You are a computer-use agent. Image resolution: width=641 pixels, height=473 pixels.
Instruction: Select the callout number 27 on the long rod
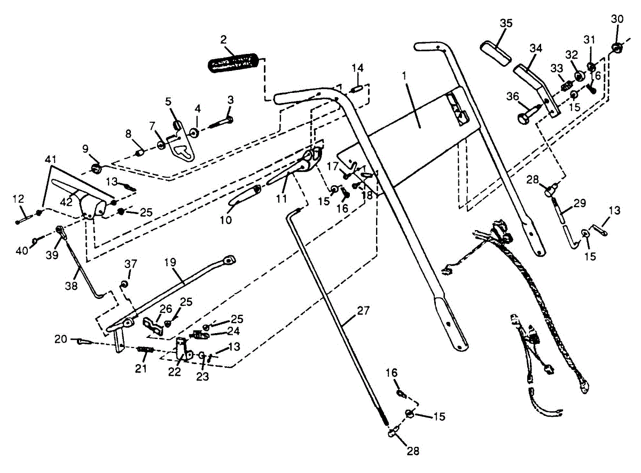(x=364, y=310)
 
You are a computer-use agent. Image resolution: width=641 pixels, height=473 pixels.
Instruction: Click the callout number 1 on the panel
(x=405, y=76)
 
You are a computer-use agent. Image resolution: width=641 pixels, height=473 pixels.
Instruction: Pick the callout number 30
(x=617, y=19)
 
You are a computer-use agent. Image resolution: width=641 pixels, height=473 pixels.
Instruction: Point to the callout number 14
(x=357, y=68)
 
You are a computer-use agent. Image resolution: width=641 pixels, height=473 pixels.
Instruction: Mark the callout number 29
(x=580, y=203)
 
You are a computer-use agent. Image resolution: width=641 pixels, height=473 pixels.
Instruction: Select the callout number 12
(x=19, y=199)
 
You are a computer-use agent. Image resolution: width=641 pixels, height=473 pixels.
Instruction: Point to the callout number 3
(x=230, y=99)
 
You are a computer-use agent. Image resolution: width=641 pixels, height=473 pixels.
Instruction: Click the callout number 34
(x=536, y=48)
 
